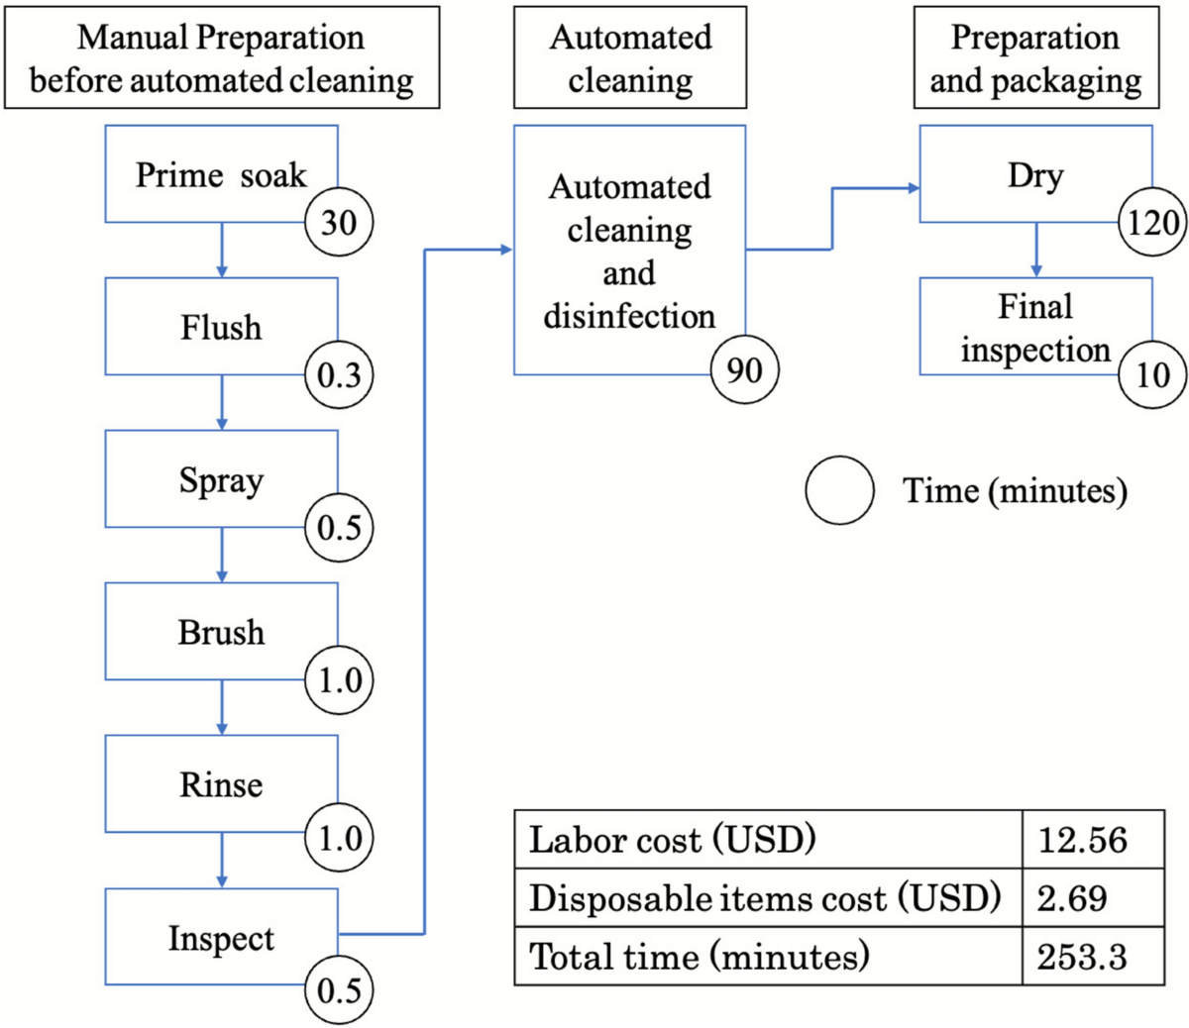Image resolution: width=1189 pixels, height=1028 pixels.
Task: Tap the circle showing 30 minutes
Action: click(x=339, y=221)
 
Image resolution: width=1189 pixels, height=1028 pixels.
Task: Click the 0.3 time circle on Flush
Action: click(x=339, y=374)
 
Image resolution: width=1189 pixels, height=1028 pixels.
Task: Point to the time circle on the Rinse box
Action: click(x=339, y=837)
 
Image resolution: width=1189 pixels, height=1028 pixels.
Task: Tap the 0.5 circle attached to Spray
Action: click(x=339, y=527)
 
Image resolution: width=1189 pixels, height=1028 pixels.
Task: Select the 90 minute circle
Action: click(x=745, y=369)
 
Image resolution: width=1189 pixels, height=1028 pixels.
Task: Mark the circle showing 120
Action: click(x=1152, y=221)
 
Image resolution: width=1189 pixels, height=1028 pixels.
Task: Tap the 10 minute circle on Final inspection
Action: click(x=1152, y=374)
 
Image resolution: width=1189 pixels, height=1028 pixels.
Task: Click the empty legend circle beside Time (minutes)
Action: click(x=839, y=490)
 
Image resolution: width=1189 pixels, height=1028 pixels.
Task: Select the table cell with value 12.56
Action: click(x=1082, y=840)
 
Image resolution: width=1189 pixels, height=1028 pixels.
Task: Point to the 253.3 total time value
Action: click(x=1082, y=956)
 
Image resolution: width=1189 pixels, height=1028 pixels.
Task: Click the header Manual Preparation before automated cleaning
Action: click(x=221, y=57)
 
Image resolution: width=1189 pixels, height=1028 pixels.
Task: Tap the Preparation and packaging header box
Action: click(x=1035, y=57)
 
